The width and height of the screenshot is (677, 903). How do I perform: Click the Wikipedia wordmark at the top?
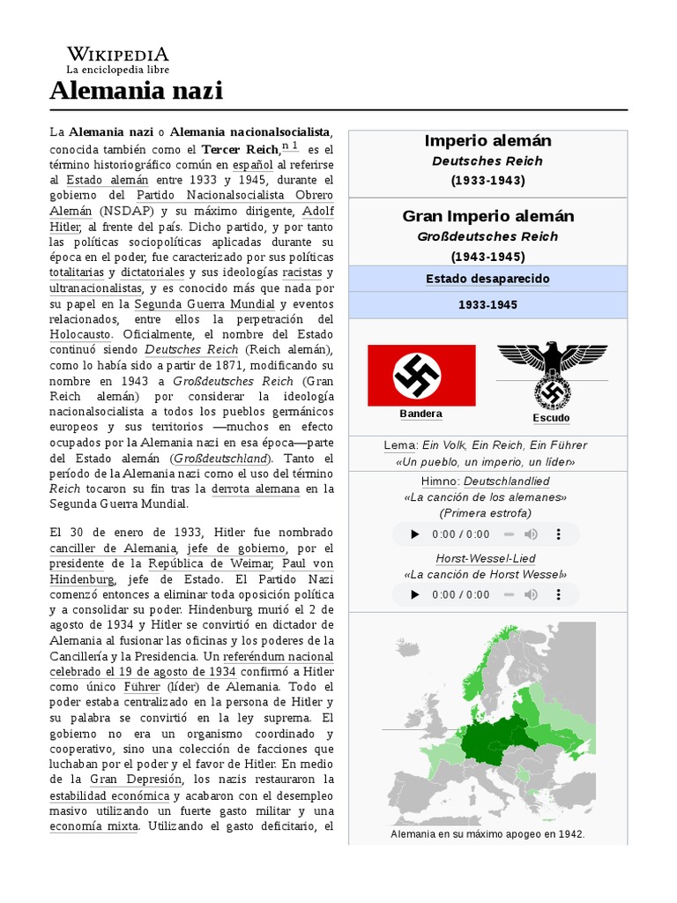coord(118,54)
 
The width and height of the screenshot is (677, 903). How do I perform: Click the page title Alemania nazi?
coord(137,90)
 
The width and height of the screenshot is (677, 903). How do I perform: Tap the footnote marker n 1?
coord(290,146)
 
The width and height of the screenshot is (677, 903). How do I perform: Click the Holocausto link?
coord(80,334)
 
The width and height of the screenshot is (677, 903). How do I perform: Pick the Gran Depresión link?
coord(136,780)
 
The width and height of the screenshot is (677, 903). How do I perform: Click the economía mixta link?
coord(93,826)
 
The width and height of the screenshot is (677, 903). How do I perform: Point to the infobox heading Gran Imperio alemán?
coord(487,216)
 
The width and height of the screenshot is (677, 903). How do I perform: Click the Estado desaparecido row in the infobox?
coord(487,279)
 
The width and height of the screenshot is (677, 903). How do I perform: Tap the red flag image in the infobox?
coord(420,375)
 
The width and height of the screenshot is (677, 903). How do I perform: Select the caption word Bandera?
coord(420,414)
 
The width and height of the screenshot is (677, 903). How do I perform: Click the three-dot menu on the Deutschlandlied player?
coord(558,534)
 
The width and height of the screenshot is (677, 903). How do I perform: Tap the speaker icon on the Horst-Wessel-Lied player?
coord(531,594)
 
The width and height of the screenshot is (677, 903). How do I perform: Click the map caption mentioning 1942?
coord(487,833)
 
